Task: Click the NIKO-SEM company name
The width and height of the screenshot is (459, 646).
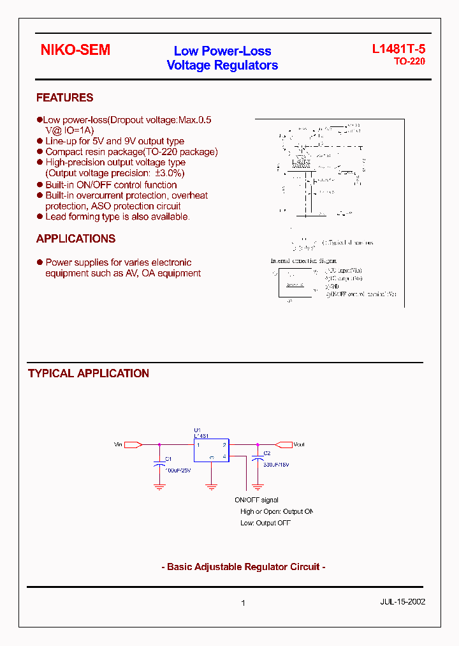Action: coord(75,50)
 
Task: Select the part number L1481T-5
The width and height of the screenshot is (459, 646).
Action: coord(398,50)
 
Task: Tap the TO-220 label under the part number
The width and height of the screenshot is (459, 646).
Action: coord(409,62)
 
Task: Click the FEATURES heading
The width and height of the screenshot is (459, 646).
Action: coord(64,98)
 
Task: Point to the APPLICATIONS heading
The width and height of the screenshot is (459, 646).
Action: coord(76,239)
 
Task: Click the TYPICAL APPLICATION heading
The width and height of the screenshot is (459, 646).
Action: coord(89,373)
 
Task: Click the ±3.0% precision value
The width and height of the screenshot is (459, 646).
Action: coord(170,173)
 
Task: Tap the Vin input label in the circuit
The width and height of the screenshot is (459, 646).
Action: coord(118,444)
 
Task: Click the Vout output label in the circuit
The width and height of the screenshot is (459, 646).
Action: coord(299,444)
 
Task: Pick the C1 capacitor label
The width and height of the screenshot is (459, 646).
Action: coord(168,459)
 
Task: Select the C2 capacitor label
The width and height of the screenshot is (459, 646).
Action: coord(267,453)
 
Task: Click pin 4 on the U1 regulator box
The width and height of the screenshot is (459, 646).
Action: coord(224,456)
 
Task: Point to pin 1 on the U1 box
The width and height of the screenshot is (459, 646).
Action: coord(199,445)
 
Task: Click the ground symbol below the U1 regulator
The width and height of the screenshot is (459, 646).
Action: coord(212,486)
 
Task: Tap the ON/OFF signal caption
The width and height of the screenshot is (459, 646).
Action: coord(256,500)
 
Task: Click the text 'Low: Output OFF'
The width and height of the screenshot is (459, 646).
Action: coord(265,523)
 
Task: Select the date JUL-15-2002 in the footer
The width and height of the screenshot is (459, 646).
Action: coord(403,601)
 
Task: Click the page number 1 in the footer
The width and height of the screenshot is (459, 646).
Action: coord(244,603)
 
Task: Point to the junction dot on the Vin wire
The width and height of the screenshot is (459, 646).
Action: coord(159,444)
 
